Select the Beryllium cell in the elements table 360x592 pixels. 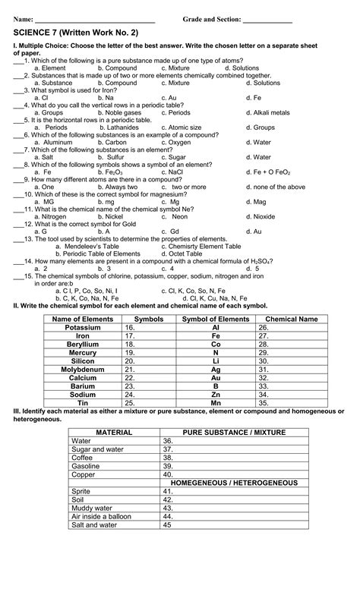82,344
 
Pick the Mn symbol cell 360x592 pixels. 216,403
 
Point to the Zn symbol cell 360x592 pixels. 216,395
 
